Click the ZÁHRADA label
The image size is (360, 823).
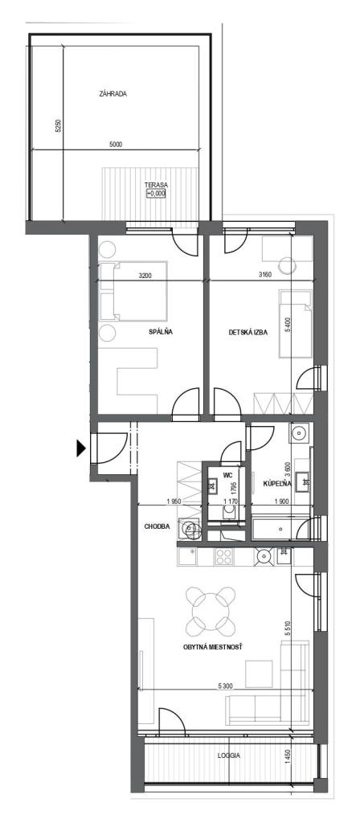[x=112, y=95]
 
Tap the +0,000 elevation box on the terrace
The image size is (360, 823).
[x=156, y=193]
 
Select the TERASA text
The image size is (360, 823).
[x=156, y=185]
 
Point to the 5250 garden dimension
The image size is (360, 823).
[x=58, y=126]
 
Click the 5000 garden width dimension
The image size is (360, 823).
[x=116, y=145]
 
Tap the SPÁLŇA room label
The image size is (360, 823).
[x=162, y=332]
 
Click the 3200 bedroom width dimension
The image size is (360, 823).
[x=146, y=275]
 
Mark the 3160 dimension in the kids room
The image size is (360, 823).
[x=265, y=275]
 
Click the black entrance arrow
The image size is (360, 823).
[x=81, y=448]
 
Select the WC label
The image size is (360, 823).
[x=227, y=475]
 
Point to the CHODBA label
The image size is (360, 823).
[x=157, y=526]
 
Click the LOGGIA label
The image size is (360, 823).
[x=229, y=755]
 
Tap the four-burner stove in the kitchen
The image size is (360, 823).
[x=224, y=556]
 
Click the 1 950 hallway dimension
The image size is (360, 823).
[x=174, y=502]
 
